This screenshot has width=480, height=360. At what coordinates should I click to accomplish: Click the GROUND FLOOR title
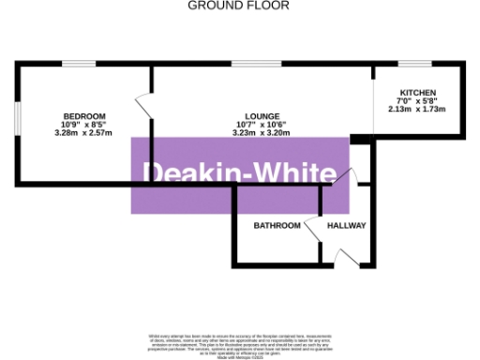(239, 6)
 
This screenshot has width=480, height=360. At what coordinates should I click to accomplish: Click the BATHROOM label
(277, 226)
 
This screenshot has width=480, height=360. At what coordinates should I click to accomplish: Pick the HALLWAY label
(346, 226)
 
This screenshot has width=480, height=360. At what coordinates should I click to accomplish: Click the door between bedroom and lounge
(144, 105)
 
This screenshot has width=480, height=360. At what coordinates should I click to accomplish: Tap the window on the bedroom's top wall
(74, 64)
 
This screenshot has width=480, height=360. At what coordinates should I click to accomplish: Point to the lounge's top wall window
(247, 64)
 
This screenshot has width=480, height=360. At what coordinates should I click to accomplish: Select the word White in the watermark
(294, 173)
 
